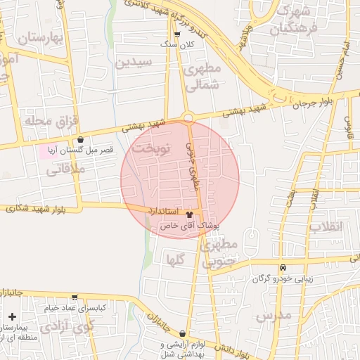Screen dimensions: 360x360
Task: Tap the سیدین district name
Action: [x=134, y=63]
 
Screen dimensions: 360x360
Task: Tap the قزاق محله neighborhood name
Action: [x=50, y=121]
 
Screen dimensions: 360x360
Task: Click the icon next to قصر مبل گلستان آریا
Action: [x=81, y=139]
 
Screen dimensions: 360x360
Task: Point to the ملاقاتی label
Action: [x=64, y=169]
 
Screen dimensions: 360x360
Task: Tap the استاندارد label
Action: [x=164, y=211]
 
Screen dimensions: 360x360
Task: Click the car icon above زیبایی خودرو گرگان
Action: [x=283, y=267]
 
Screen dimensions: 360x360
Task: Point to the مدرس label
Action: [x=273, y=316]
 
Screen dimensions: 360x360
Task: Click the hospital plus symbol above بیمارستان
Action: [x=12, y=316]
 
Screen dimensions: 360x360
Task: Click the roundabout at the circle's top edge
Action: [x=187, y=117]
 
